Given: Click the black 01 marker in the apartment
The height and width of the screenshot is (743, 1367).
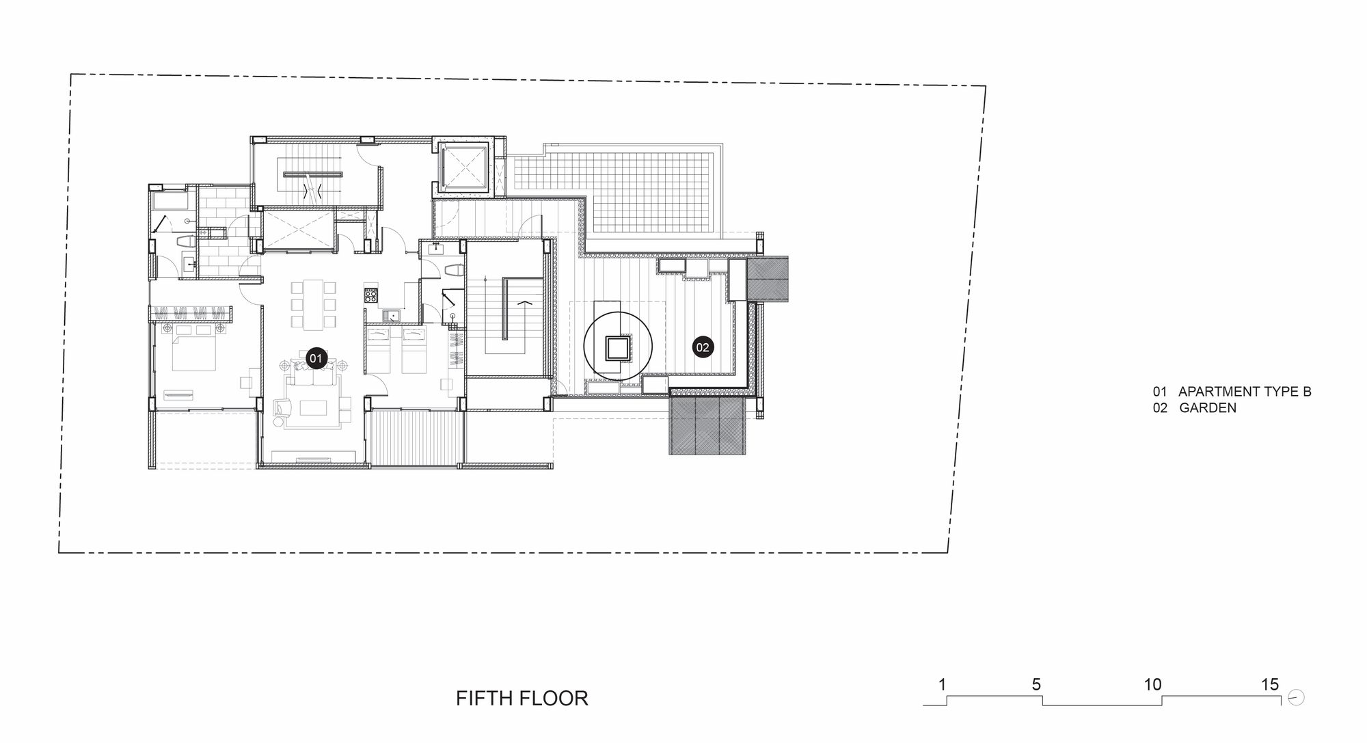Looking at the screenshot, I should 315,357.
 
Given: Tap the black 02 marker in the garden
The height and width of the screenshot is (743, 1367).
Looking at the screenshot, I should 703,347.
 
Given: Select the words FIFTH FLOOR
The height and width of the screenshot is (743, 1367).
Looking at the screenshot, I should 522,698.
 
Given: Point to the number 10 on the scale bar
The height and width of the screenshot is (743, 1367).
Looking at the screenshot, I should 1152,684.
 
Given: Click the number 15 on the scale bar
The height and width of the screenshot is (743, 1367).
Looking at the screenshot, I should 1269,684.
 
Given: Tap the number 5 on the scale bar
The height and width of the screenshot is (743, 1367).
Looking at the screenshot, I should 1036,684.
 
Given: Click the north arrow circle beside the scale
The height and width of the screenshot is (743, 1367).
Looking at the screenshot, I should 1296,698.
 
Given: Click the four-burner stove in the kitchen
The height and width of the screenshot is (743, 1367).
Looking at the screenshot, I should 371,295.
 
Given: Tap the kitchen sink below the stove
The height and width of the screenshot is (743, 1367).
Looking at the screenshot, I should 392,315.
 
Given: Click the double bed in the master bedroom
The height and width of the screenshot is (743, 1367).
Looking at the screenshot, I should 195,349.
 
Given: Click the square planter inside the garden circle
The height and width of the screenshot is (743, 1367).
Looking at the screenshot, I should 618,349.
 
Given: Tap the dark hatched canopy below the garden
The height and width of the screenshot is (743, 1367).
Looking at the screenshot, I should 705,427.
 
